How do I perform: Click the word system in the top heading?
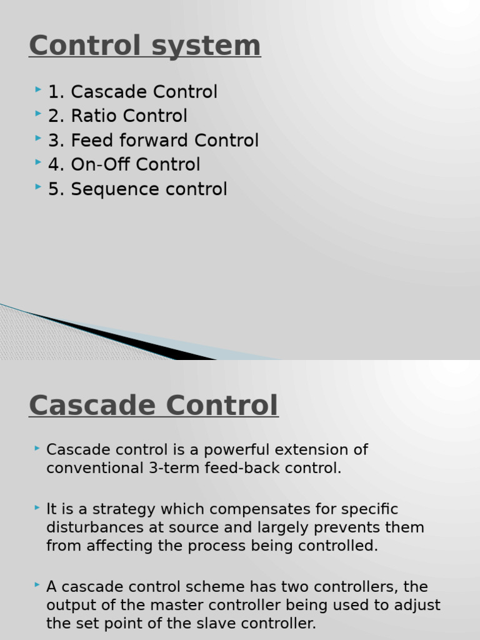tap(206, 46)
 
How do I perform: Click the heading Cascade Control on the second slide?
tap(154, 405)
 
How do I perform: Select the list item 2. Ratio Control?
tap(117, 116)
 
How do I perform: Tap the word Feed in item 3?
tap(92, 140)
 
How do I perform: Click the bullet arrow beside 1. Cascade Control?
tap(38, 89)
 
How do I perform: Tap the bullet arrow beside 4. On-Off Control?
tap(38, 162)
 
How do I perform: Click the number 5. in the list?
tap(56, 189)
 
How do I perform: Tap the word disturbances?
tap(95, 527)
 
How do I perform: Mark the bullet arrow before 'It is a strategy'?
tap(37, 507)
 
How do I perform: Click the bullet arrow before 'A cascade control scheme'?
tap(37, 585)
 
